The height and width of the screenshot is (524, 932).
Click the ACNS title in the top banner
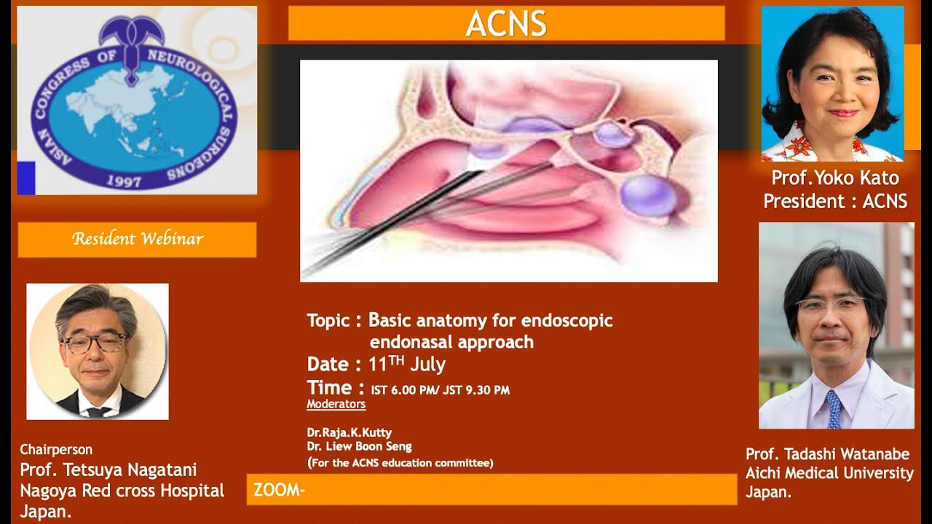click(x=506, y=23)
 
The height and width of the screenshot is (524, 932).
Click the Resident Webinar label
click(x=137, y=239)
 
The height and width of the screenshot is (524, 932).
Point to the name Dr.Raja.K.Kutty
click(x=349, y=432)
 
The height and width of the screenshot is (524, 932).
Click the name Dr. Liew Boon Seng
click(x=359, y=447)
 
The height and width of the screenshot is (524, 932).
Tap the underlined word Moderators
click(x=336, y=404)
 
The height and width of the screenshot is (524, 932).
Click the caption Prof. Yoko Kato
click(x=835, y=178)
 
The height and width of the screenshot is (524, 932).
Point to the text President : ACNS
click(x=835, y=201)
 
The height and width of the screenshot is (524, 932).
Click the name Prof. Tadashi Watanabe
click(x=827, y=454)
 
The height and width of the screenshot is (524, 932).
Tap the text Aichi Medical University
click(x=829, y=473)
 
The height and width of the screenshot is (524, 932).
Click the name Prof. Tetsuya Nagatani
click(x=108, y=470)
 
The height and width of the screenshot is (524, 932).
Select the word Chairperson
click(x=56, y=449)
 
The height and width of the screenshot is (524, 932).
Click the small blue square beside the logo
click(x=26, y=178)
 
